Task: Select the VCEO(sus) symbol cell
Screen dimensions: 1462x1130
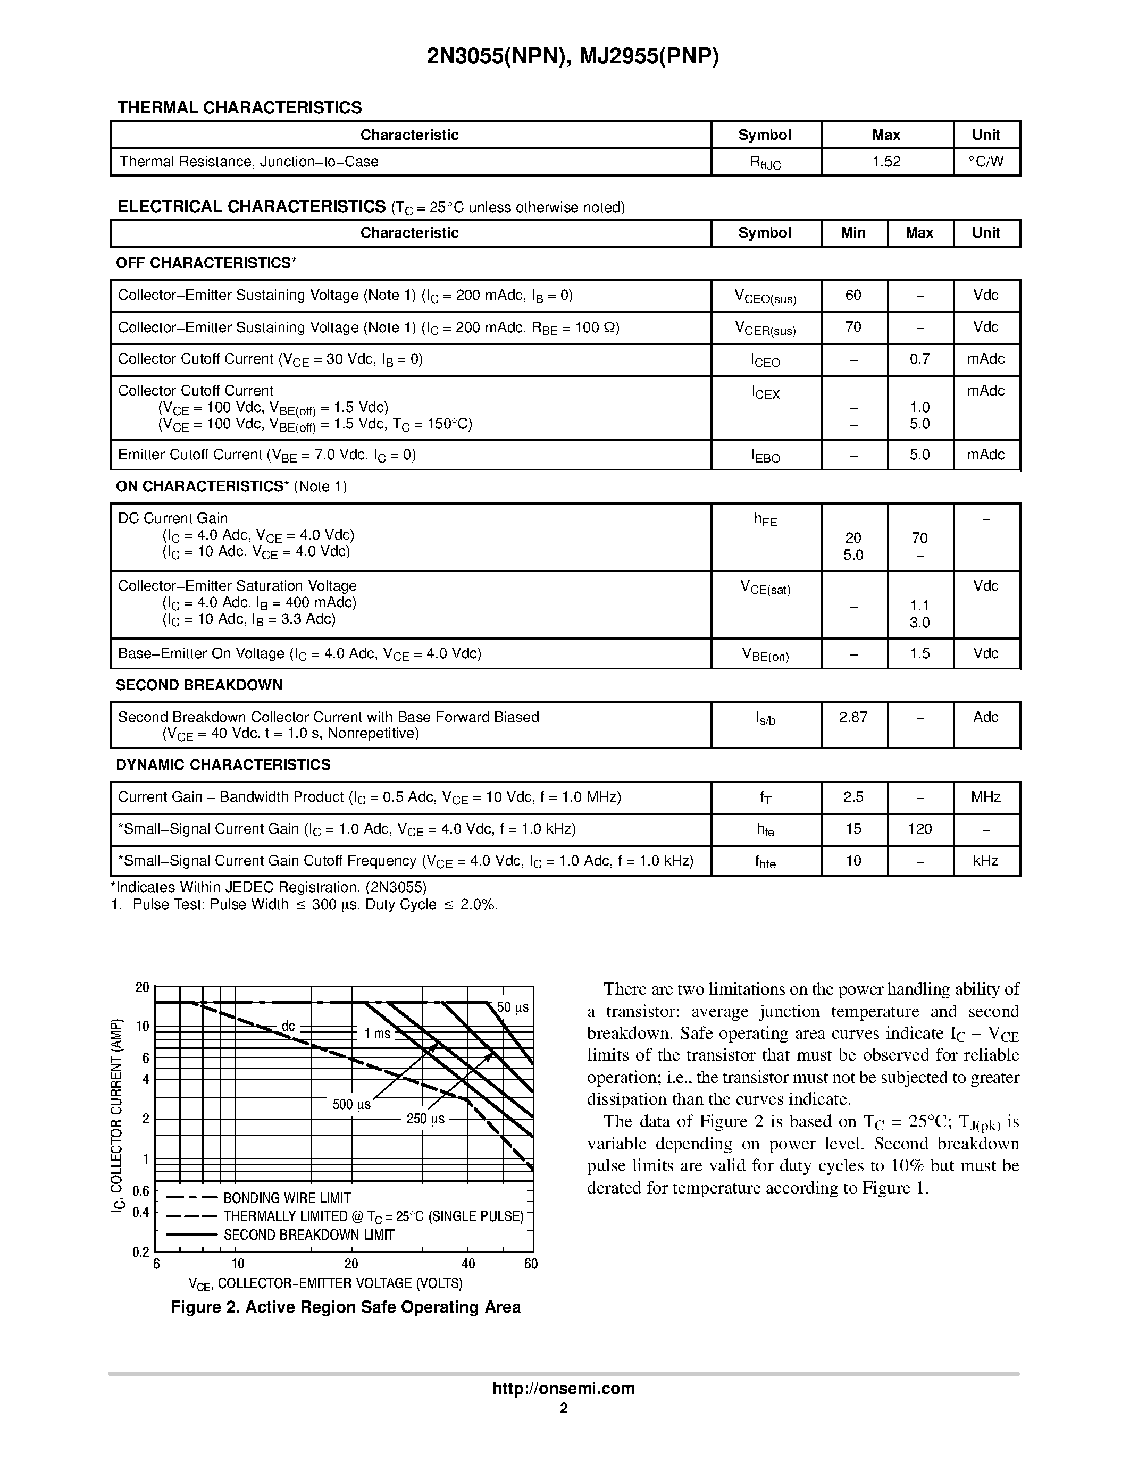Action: pos(765,297)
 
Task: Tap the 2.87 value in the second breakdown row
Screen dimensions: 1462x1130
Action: pos(853,718)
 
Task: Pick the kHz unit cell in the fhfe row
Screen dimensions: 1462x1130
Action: pos(985,861)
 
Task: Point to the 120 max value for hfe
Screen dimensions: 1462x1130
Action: pos(920,829)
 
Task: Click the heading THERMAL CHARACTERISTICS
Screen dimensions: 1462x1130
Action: pos(240,108)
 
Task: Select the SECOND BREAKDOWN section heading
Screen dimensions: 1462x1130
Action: pos(199,685)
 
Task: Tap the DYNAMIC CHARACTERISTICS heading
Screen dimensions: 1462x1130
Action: pos(223,765)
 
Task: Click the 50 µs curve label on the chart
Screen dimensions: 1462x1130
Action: pos(513,1007)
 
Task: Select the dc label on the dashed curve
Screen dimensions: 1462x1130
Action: pos(288,1026)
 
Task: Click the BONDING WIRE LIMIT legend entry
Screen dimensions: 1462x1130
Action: pos(287,1198)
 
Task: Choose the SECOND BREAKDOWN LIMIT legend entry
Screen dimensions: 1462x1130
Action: pos(308,1235)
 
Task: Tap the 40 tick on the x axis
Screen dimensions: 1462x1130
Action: pos(468,1264)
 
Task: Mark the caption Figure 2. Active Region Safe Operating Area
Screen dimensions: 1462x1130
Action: pos(346,1307)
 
